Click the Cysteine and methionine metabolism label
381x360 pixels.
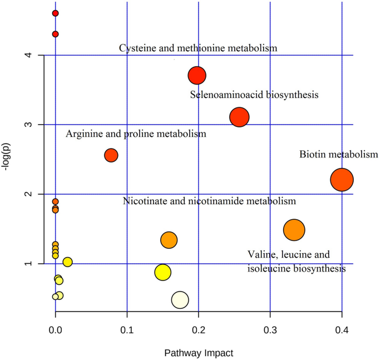[x=198, y=48]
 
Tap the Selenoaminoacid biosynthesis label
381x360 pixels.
[x=254, y=95]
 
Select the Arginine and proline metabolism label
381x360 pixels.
[x=136, y=134]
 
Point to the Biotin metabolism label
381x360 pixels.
[x=338, y=154]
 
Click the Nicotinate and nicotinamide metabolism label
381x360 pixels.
[x=209, y=201]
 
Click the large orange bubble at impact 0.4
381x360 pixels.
[x=342, y=180]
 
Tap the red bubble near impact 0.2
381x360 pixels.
[x=197, y=75]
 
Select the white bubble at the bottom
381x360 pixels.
[x=180, y=299]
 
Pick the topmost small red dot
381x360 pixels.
[x=55, y=13]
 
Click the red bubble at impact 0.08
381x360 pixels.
[x=111, y=155]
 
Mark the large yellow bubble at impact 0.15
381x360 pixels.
[x=162, y=272]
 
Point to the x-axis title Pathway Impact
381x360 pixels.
[x=199, y=353]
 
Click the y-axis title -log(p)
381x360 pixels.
[x=7, y=158]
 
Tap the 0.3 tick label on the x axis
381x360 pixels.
[x=270, y=331]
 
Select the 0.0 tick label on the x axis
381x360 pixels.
[x=55, y=331]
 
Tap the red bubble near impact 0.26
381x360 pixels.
[x=239, y=117]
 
